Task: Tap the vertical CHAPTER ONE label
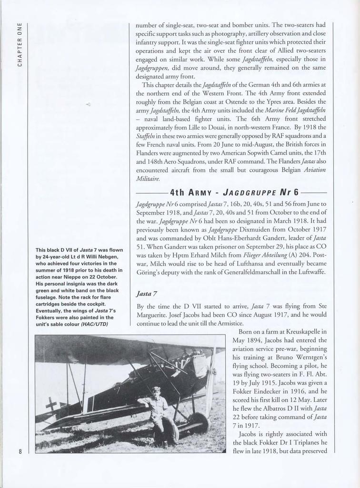20,44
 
